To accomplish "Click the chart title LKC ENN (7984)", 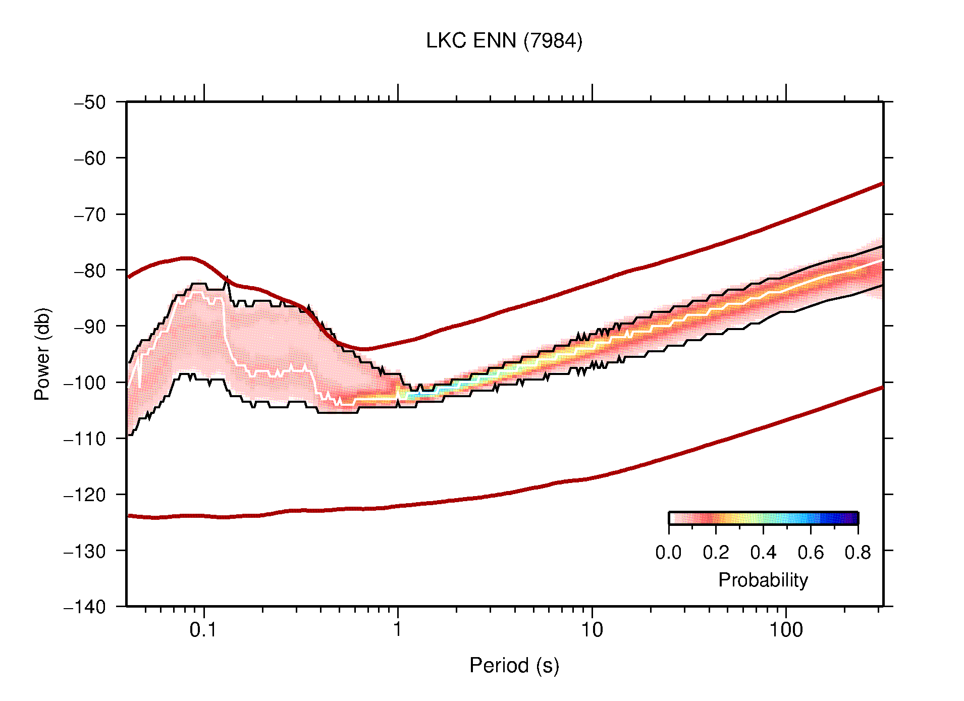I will click(504, 41).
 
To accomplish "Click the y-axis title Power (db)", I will click(42, 354).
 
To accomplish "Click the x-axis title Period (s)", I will click(514, 665).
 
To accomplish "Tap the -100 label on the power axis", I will click(85, 383).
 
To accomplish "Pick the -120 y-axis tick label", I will click(85, 495).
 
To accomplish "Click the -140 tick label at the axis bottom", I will click(85, 607).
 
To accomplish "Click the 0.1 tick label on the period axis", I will click(203, 630).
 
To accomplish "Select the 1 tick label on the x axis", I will click(398, 630).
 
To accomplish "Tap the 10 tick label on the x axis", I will click(592, 630).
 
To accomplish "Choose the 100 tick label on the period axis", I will click(785, 630).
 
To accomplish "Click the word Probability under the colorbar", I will click(763, 580).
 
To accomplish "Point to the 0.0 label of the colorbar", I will click(668, 553).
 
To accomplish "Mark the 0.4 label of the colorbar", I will click(763, 553).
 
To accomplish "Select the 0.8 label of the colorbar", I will click(858, 553).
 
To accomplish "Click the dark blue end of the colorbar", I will click(852, 518).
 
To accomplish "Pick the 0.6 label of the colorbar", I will click(811, 553).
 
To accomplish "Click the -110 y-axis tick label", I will click(85, 439).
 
